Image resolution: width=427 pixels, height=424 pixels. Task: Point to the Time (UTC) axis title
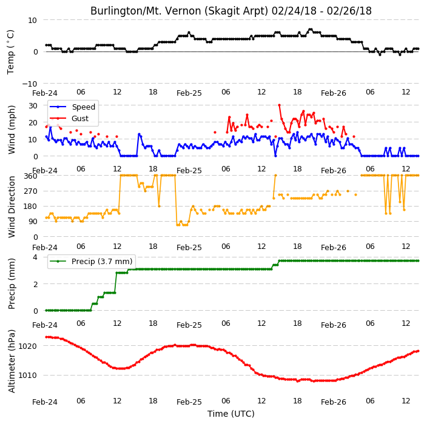[231, 414]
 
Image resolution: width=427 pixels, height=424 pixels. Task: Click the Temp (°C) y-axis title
[11, 52]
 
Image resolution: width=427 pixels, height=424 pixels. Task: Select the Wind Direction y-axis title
[11, 207]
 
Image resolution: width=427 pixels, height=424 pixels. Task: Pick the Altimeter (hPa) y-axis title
[11, 361]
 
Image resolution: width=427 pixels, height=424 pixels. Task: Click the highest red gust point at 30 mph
[279, 105]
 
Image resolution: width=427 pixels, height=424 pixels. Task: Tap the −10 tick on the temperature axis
[30, 84]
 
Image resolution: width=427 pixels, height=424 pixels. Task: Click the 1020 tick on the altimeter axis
[27, 346]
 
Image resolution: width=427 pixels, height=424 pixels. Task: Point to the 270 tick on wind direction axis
[30, 191]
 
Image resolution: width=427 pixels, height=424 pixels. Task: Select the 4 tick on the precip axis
[35, 257]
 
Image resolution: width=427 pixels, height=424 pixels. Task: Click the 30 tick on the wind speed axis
[33, 105]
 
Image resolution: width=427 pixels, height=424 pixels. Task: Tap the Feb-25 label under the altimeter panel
[189, 402]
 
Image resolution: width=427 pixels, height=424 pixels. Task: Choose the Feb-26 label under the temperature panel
[334, 93]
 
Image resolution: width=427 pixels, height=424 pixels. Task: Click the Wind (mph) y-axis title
[11, 130]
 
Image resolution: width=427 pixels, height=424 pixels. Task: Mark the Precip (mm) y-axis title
[11, 283]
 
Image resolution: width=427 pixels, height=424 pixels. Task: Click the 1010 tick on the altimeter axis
[27, 376]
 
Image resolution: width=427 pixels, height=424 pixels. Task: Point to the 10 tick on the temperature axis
[32, 21]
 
